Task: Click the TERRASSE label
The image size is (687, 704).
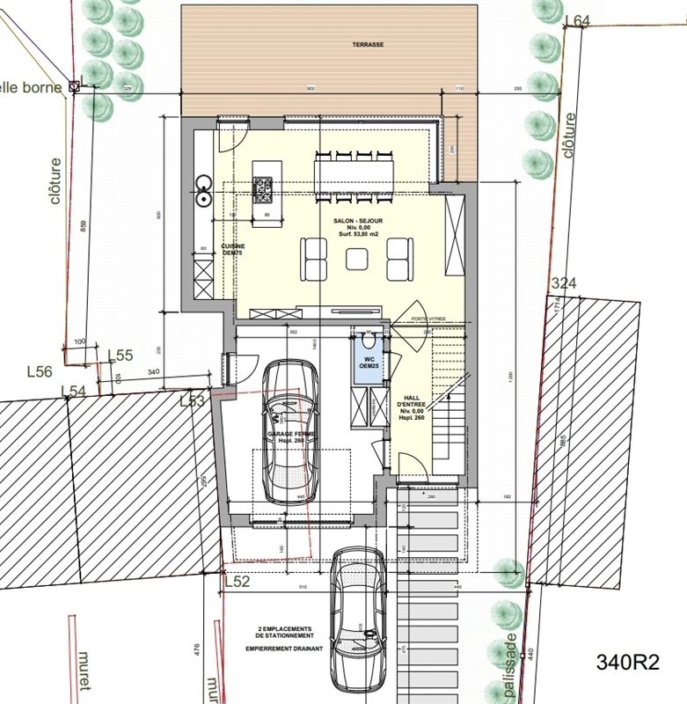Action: click(369, 43)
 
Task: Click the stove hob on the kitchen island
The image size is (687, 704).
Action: click(263, 186)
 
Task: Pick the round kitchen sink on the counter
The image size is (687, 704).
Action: click(203, 183)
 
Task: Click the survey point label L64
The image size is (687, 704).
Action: click(576, 20)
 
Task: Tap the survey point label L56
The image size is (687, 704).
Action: click(40, 372)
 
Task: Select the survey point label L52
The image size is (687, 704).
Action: click(237, 582)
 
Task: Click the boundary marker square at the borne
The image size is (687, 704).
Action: click(75, 86)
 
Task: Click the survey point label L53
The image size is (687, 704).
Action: click(193, 401)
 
